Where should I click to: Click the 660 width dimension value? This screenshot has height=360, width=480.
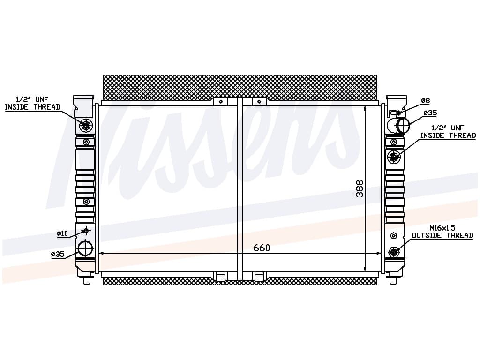coord(262,247)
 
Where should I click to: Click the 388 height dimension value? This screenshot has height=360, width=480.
coord(360,188)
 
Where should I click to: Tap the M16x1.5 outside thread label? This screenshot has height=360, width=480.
coord(442,232)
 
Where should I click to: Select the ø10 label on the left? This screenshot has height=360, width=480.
coord(62,233)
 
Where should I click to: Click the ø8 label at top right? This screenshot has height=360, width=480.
coord(426,100)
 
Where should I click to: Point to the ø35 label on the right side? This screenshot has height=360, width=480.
coord(430,113)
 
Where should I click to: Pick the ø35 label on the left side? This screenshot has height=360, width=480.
coord(58,254)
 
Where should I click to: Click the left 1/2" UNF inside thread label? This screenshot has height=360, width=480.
coord(32,103)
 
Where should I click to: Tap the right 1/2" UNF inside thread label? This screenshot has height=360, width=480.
coord(448,132)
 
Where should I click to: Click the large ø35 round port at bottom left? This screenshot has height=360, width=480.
coord(85,248)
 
